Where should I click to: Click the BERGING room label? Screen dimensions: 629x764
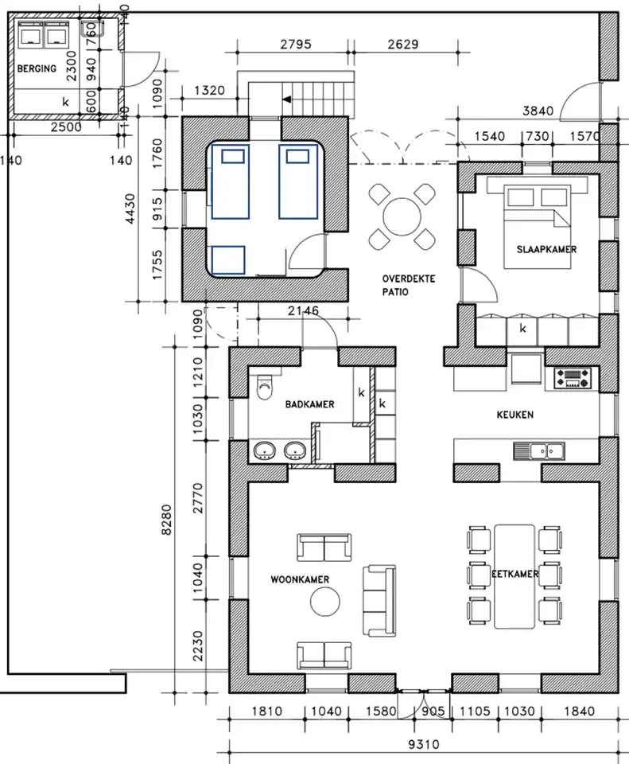tap(37, 68)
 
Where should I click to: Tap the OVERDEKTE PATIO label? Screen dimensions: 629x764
tap(409, 285)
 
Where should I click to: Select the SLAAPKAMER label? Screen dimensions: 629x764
tap(546, 249)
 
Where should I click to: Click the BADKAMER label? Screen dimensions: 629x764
tap(309, 404)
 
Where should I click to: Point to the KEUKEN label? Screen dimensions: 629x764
tap(515, 415)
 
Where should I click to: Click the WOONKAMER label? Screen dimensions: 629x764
tap(300, 579)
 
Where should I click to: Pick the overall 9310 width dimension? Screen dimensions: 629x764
tap(424, 744)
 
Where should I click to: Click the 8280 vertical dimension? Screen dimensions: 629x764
tap(166, 520)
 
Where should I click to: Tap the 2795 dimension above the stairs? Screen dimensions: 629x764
tap(296, 45)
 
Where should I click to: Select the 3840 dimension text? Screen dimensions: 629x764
tap(538, 111)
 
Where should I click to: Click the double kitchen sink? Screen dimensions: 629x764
tap(539, 451)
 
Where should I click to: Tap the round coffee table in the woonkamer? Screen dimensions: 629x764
tap(324, 602)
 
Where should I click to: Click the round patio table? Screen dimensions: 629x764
tap(402, 216)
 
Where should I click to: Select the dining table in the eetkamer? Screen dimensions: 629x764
tap(514, 576)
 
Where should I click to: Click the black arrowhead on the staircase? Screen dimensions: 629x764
tap(287, 99)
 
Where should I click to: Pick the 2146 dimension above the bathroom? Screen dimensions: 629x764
tap(303, 310)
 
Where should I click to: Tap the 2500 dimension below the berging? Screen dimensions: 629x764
tap(66, 127)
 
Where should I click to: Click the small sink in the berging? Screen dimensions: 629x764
tap(91, 29)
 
